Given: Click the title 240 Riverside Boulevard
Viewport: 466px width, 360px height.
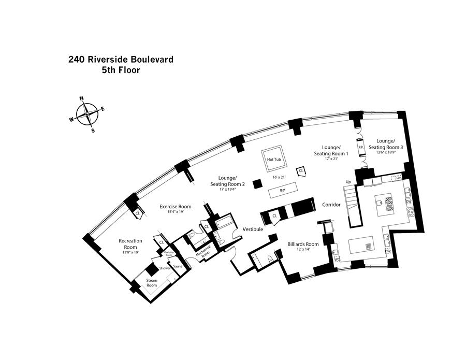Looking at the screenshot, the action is pos(121,59).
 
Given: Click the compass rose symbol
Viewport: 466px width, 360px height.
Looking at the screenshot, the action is pos(88,114).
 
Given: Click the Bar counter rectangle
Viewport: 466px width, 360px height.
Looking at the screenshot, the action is pos(283,190).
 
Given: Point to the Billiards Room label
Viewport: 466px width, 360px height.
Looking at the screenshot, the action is pos(303,244).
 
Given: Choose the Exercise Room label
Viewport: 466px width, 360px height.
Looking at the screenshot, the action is pos(176,206).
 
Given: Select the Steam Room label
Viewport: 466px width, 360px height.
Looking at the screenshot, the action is pos(152,283).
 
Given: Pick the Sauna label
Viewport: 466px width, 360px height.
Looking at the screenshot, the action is pos(178,266).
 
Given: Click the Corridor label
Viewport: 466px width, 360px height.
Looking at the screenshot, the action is pos(331,205).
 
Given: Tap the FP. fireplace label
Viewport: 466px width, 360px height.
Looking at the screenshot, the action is pos(361,148).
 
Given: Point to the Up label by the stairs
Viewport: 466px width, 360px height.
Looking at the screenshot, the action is pos(348,182).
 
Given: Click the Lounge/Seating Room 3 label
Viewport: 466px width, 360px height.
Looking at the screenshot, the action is pos(386,143).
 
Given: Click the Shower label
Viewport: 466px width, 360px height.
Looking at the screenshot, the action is pos(165,268).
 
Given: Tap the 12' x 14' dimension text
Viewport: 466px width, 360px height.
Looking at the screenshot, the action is pos(302,250).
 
